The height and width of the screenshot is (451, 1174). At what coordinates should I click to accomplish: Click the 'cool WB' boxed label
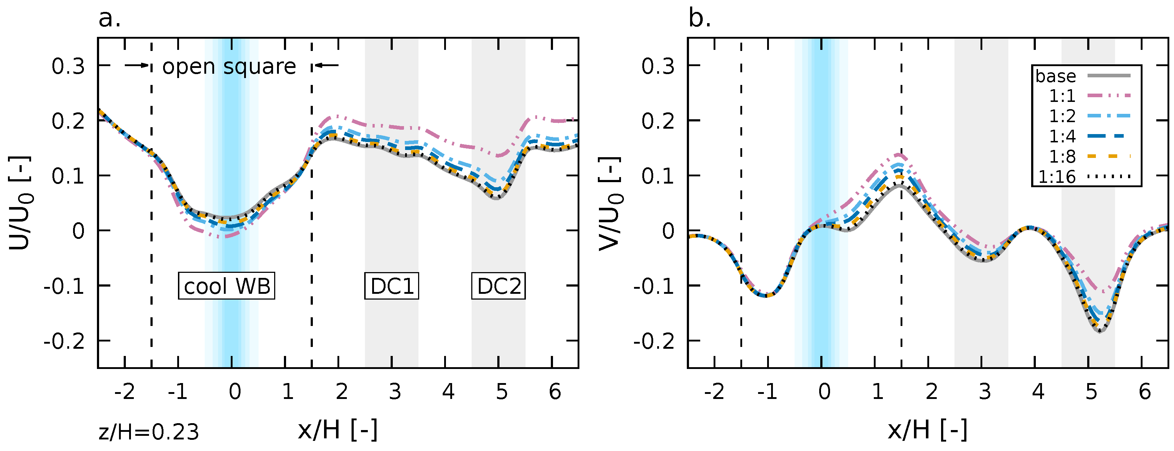[226, 286]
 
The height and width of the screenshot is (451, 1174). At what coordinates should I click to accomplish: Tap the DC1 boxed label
[391, 286]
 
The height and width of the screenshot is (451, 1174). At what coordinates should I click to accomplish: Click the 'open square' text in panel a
[229, 66]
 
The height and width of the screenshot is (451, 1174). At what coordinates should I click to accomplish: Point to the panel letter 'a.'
[109, 19]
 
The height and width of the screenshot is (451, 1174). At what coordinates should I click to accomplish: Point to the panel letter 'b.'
[699, 19]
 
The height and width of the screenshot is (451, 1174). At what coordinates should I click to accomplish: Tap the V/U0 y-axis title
[610, 203]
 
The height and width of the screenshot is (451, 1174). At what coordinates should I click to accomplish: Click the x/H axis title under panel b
[927, 430]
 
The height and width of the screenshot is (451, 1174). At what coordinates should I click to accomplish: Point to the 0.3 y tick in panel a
[68, 66]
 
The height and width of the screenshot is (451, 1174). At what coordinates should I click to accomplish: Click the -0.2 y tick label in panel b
[654, 341]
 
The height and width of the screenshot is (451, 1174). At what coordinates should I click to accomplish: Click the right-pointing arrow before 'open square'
[137, 65]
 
